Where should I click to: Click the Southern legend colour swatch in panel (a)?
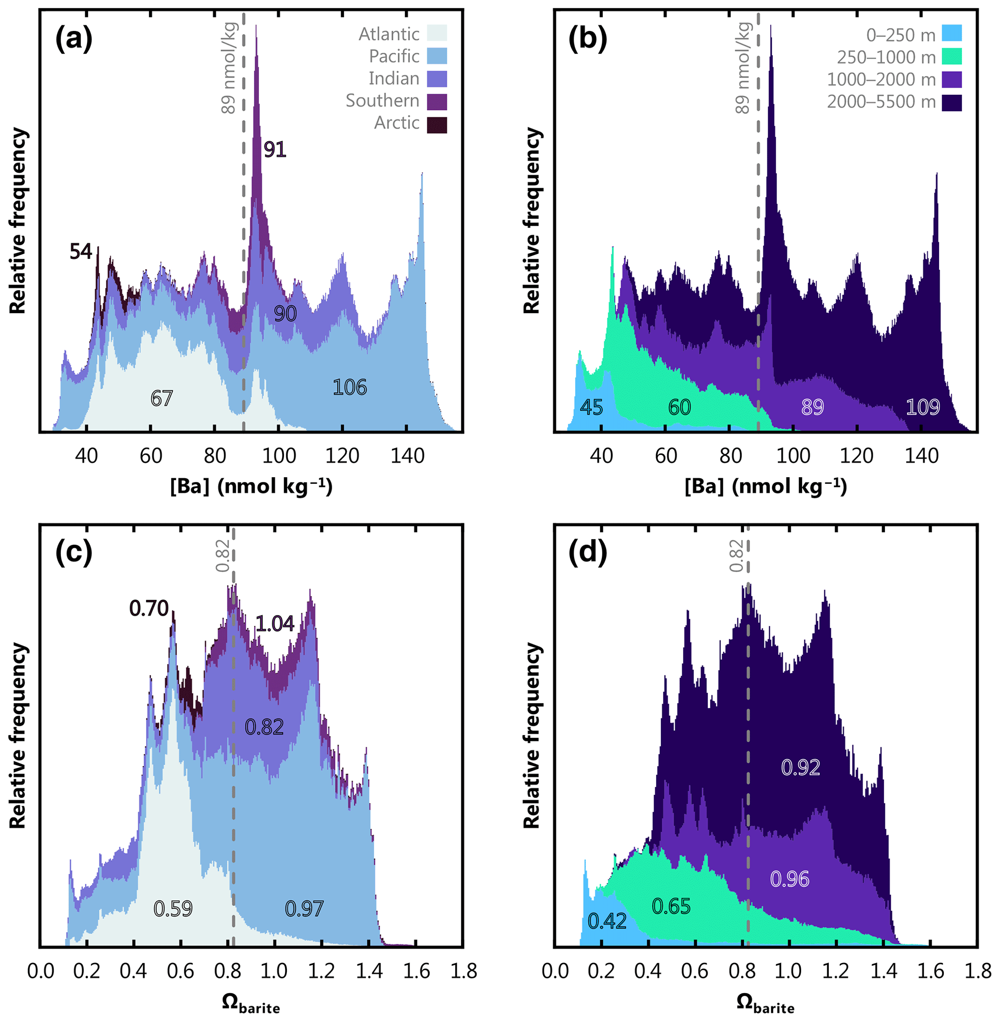[436, 102]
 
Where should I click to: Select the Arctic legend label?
[397, 123]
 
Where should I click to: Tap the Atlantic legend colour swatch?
[436, 33]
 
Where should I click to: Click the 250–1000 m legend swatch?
[951, 56]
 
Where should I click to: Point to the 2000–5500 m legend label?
[881, 102]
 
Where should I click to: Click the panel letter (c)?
[74, 553]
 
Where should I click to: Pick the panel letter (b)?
[587, 38]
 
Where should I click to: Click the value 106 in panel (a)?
[349, 388]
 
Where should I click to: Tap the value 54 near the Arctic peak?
[81, 252]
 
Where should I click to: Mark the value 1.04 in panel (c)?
[275, 624]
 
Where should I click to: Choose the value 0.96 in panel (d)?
[790, 879]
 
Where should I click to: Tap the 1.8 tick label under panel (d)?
[978, 971]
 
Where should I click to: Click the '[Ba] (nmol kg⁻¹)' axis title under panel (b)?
[765, 487]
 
